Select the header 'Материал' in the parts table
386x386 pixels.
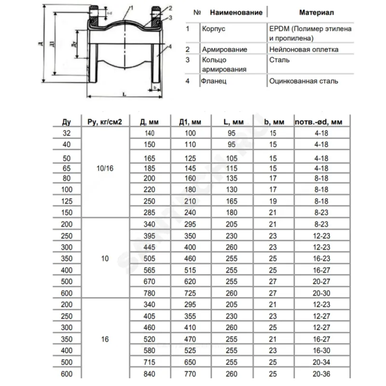316,12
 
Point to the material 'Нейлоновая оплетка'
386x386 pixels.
303,49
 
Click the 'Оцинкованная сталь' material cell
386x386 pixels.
303,81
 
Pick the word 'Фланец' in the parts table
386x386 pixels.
213,81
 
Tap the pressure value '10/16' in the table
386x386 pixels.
105,168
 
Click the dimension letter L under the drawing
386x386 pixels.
124,95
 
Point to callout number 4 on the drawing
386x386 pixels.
170,46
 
